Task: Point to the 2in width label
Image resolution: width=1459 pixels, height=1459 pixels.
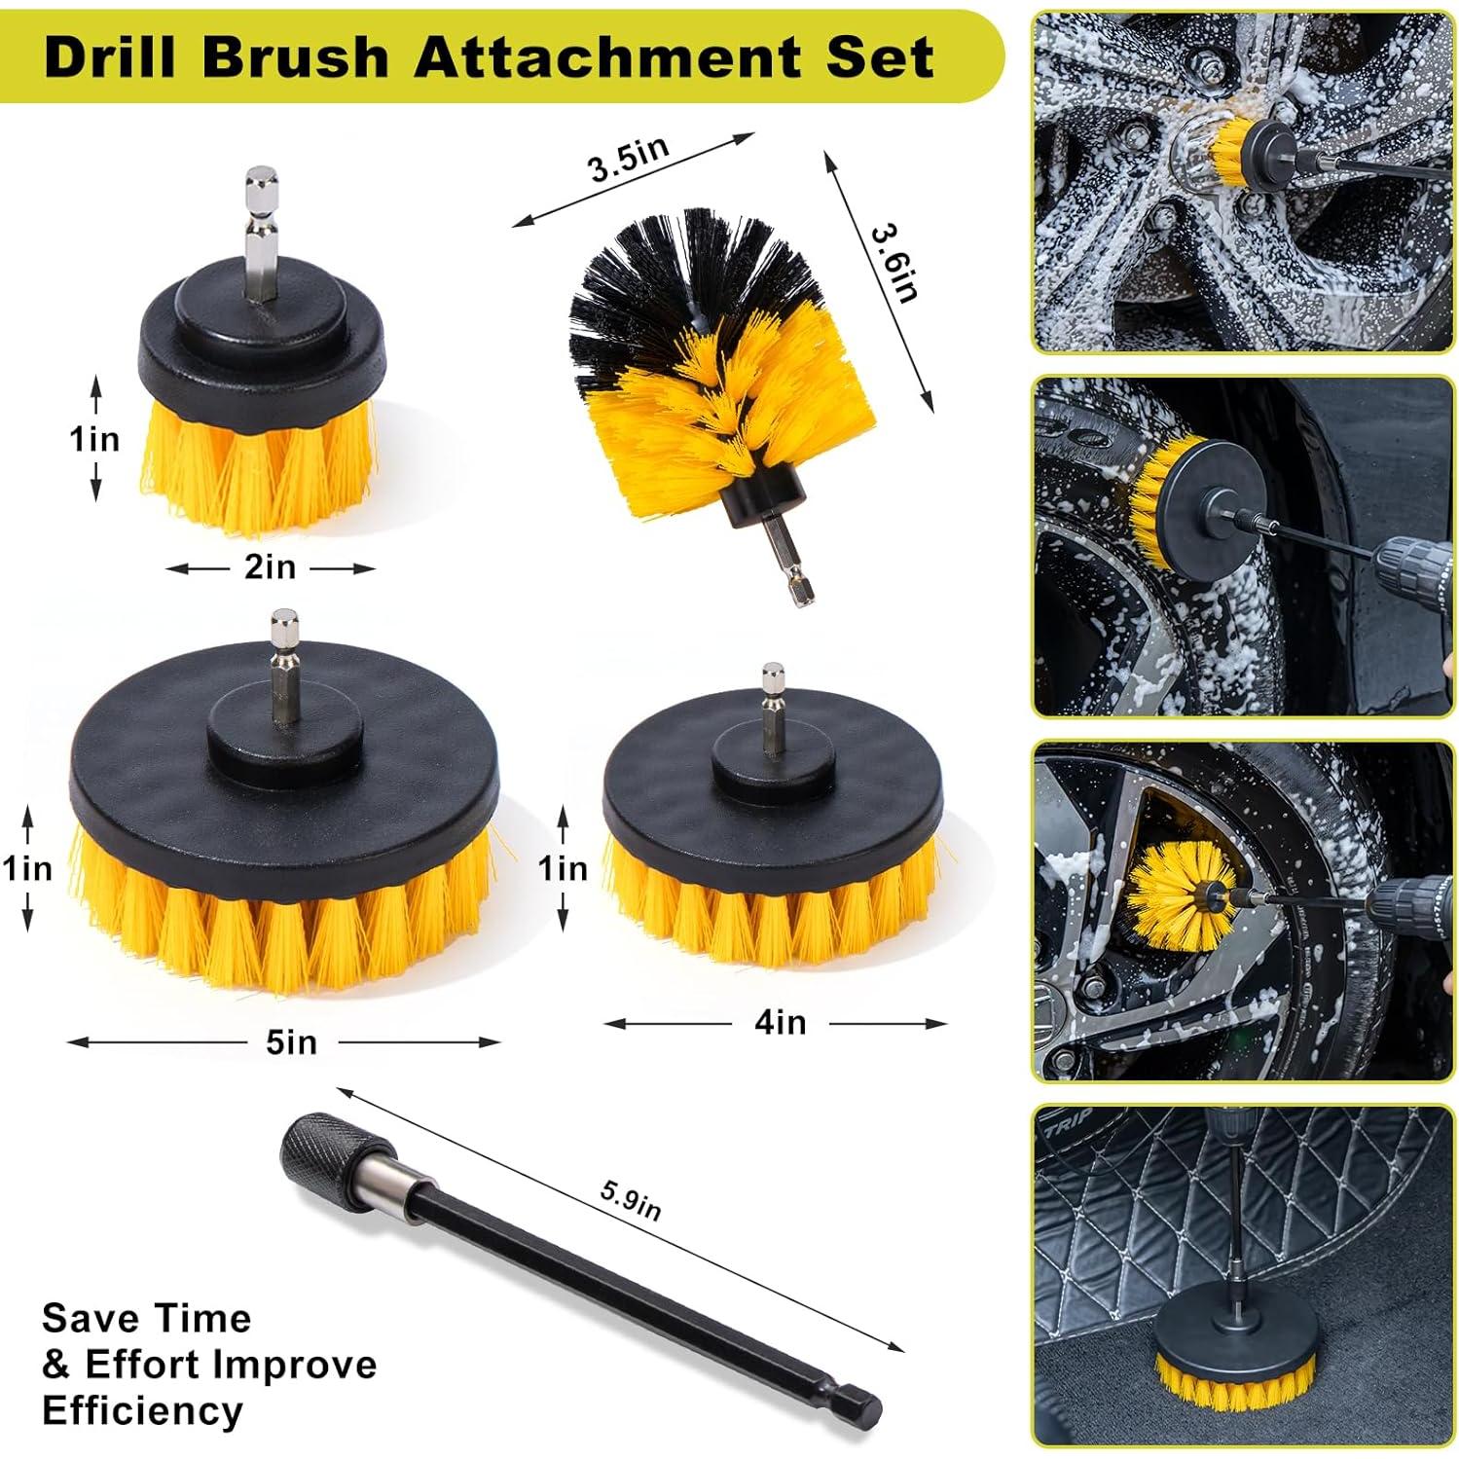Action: (270, 567)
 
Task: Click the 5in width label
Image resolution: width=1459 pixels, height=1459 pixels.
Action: (291, 1042)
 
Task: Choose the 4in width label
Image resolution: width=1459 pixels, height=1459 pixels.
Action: (781, 1023)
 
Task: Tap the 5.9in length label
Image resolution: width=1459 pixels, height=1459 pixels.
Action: (631, 1200)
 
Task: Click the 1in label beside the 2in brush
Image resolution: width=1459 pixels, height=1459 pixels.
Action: (95, 439)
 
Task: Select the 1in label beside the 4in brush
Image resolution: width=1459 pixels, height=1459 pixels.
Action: (564, 867)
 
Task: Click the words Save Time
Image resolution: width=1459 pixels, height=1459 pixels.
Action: (147, 1319)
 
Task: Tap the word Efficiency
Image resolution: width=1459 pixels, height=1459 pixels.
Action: (142, 1409)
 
